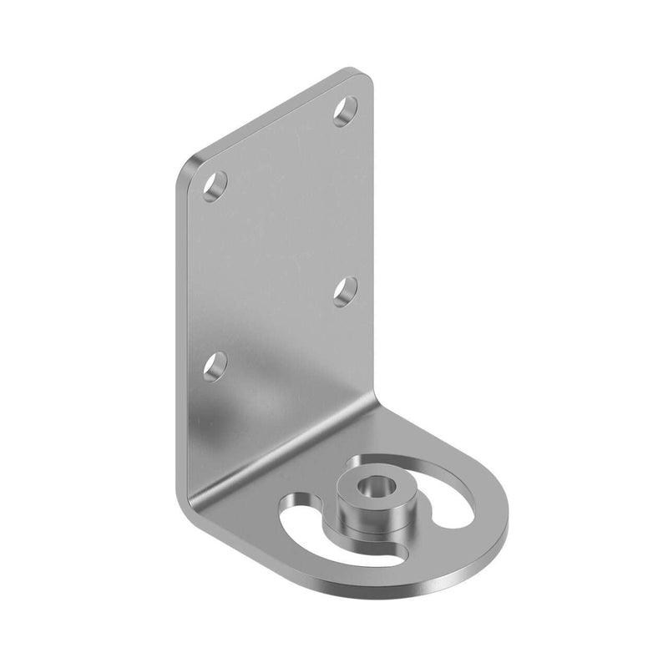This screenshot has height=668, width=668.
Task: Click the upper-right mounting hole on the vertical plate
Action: coord(345,110)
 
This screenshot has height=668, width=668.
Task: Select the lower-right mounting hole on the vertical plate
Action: coord(345,290)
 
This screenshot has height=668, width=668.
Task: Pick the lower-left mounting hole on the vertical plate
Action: coord(215,365)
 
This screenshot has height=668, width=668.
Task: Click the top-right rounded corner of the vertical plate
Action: coord(365,77)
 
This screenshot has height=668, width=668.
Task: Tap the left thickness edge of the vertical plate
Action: coord(181,334)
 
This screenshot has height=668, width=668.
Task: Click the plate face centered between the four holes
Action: coord(280,238)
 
